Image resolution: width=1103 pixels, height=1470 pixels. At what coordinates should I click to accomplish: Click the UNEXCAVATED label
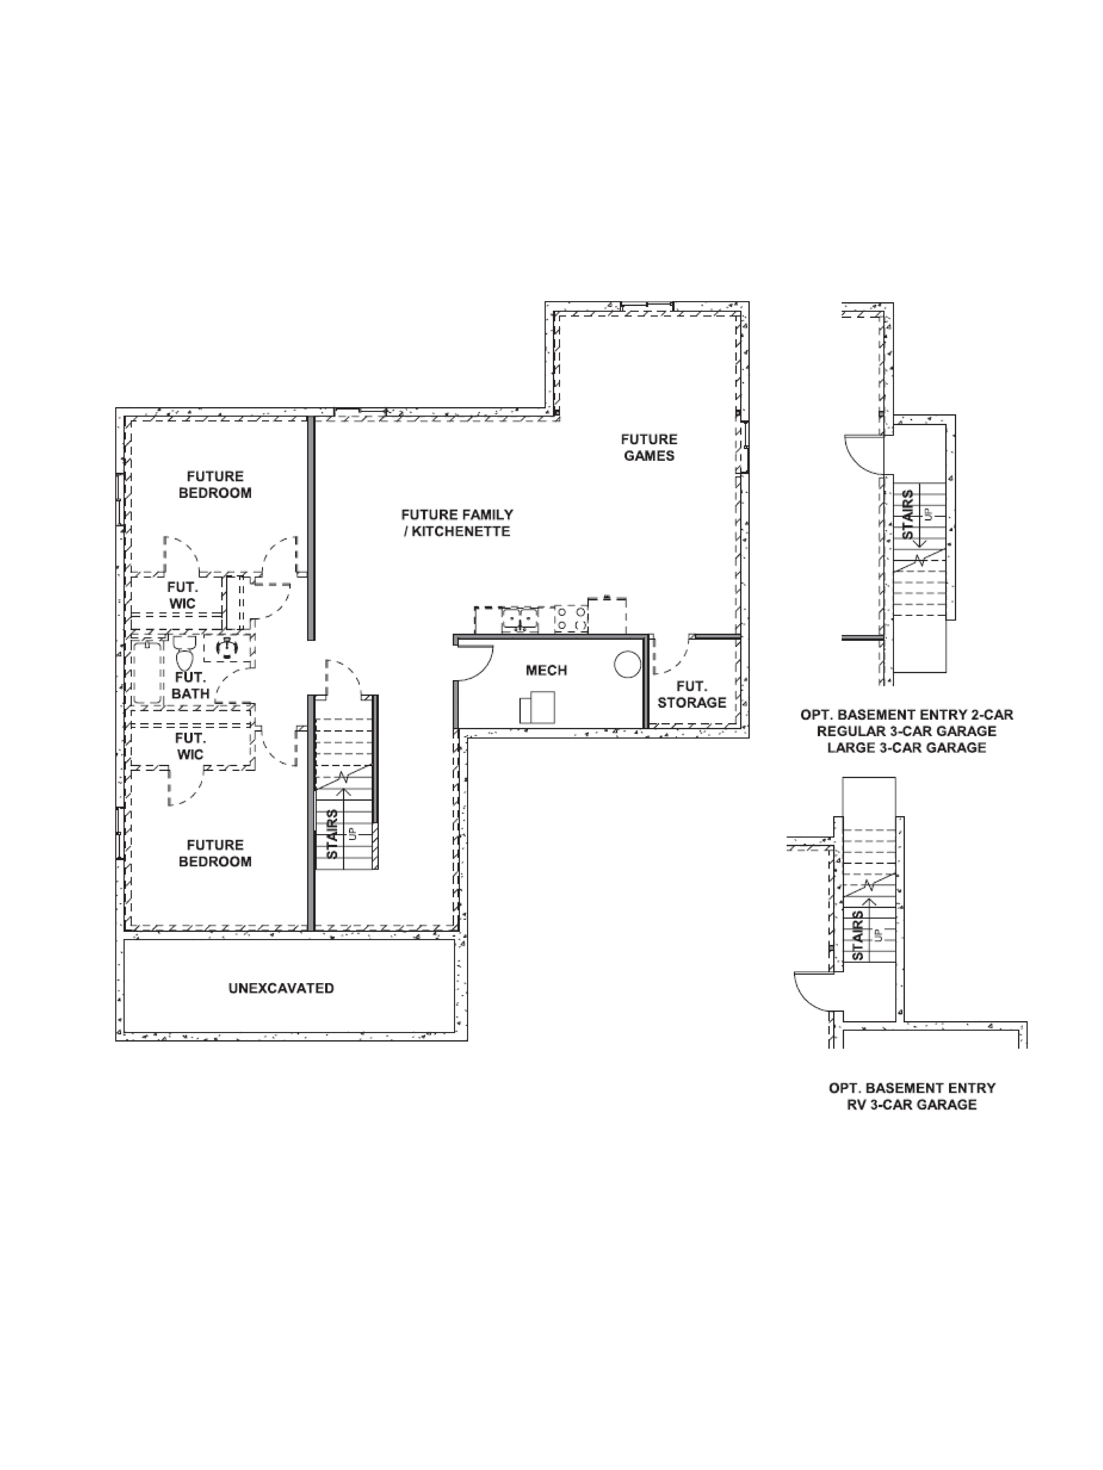(x=281, y=988)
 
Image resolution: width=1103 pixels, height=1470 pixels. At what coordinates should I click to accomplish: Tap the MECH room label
(x=546, y=671)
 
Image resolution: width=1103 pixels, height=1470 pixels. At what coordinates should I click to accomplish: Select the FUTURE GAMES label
(x=649, y=447)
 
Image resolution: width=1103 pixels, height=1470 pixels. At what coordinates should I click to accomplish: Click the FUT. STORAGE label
(x=691, y=694)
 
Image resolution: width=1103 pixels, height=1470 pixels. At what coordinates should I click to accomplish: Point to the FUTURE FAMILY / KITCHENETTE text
(x=457, y=523)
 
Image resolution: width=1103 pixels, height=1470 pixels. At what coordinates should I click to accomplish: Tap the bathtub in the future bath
(x=148, y=672)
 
